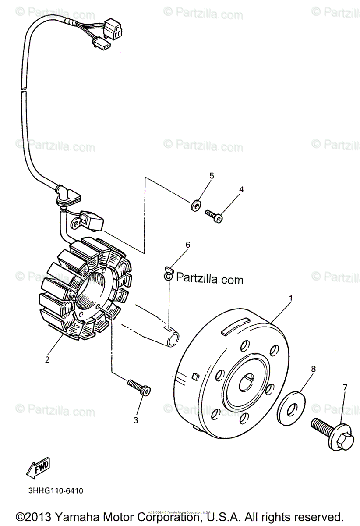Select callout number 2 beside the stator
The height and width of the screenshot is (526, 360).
pos(47,360)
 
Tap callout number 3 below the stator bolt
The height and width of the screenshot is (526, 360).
pos(136,420)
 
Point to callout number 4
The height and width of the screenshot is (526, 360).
pos(241,189)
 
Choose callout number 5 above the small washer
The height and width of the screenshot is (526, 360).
pos(212,176)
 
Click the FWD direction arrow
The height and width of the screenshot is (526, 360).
pos(38,468)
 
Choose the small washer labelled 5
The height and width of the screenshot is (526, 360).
pos(196,205)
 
